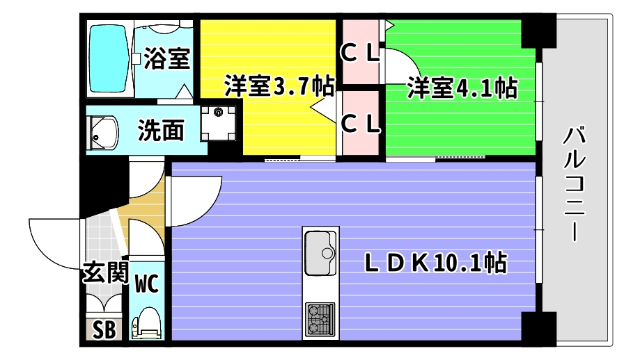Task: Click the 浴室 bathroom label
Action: [x=166, y=58]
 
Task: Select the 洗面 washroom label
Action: [x=161, y=130]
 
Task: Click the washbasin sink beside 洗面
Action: [x=102, y=131]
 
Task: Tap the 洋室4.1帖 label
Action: [x=461, y=88]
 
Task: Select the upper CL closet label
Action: [x=361, y=52]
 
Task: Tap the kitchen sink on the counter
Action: [x=322, y=250]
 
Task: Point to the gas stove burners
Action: [x=322, y=318]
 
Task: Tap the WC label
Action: [x=147, y=282]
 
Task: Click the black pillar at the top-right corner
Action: [x=539, y=32]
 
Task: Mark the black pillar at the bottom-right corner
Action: [x=537, y=328]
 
